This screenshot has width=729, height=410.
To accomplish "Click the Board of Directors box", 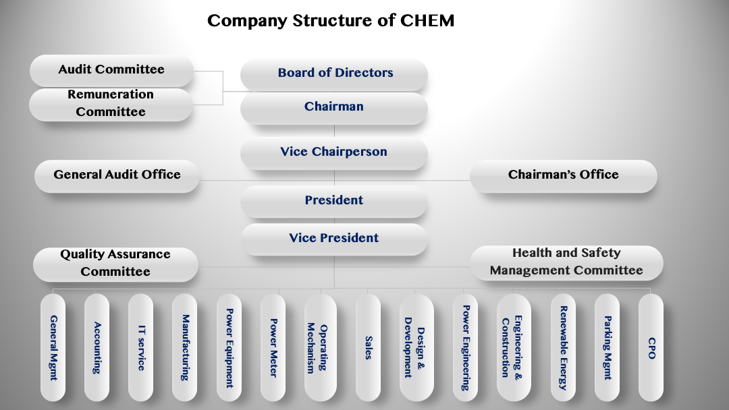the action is coord(334,74).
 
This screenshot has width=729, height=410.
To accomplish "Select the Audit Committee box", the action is coord(111,71).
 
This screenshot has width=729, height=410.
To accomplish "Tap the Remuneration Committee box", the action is coord(111,105).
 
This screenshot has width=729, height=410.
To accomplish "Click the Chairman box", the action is coord(334,108).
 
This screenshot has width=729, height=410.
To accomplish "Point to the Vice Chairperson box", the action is coord(334,153).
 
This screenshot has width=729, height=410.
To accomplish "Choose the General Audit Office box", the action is coord(117,176).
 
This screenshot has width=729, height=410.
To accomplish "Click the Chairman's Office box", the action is coord(564,176).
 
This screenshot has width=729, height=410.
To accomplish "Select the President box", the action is coord(334,202).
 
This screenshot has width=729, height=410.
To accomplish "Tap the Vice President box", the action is coord(334,239).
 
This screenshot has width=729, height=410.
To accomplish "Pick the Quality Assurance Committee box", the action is coord(116,264).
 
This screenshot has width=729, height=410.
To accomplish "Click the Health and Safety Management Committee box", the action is coord(566,263).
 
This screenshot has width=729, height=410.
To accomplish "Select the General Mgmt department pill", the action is coord(53,347).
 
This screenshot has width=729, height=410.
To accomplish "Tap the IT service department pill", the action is coord(140,347).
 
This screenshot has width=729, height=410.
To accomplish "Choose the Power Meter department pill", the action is coord(273,347).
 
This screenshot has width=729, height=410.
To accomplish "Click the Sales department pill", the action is coord(369,347).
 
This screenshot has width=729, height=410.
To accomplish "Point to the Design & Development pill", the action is coord(416,347).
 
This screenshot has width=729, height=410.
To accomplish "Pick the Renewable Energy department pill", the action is coord(563,347).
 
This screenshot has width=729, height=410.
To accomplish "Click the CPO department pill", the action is coord(651,347).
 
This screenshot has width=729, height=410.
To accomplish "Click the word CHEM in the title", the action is coord(427,20).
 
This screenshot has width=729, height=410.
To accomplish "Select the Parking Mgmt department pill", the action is coord(607,347).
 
